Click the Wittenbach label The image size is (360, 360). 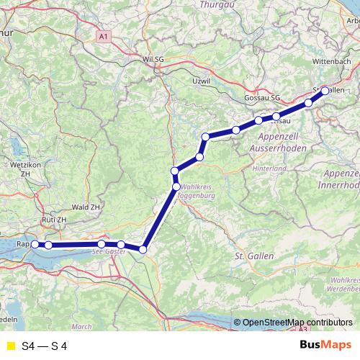pos(330,62)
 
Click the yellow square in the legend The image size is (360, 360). pos(10,345)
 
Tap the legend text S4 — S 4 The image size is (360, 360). pos(45,345)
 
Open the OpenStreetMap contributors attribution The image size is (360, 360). pos(297,323)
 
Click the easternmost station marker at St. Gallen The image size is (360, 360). pos(325,91)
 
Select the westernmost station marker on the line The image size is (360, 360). pos(35,245)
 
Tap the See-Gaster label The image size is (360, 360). pos(109,251)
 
